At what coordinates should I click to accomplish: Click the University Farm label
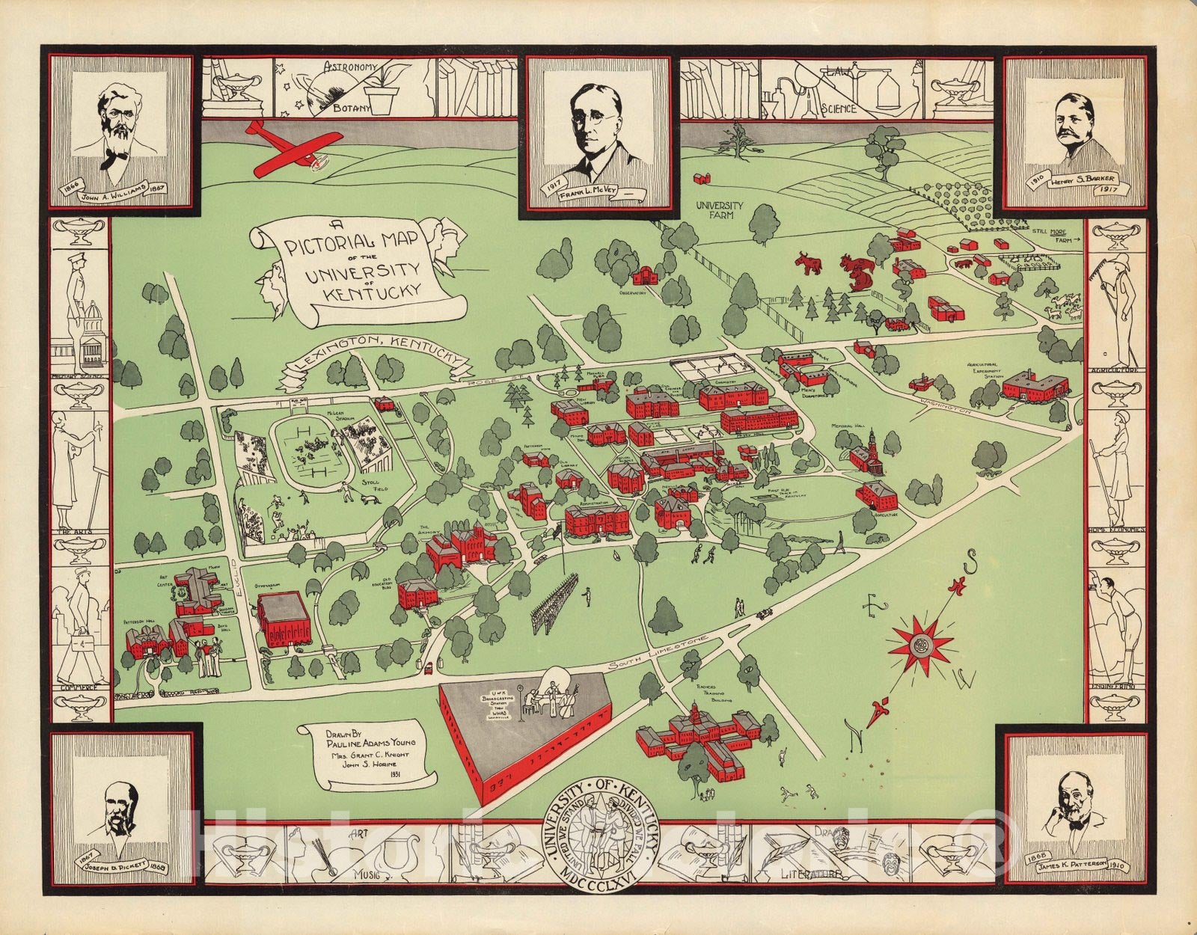(719, 209)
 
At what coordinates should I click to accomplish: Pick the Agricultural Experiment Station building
(1035, 385)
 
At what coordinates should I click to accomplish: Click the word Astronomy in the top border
(348, 68)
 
